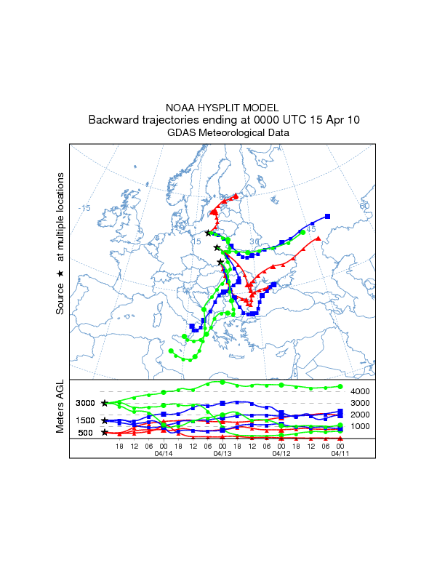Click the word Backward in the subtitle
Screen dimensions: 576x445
111,120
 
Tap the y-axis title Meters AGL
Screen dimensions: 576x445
61,409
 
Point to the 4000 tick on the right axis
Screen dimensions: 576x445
361,392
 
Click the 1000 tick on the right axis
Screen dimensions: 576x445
361,426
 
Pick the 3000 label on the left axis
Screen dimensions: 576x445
85,403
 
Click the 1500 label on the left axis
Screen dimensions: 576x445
85,420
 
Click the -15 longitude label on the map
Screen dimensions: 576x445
84,208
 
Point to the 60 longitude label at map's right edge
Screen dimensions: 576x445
364,206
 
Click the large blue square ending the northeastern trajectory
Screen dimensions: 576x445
328,216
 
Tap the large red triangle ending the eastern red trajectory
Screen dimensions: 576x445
318,239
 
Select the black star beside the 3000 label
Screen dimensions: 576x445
105,403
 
